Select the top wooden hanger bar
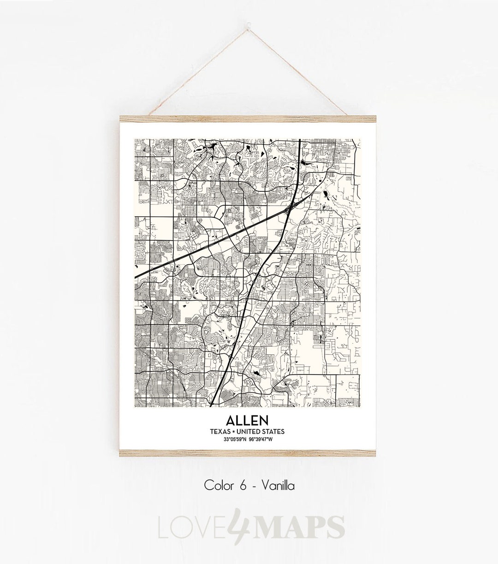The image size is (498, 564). pos(249,119)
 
